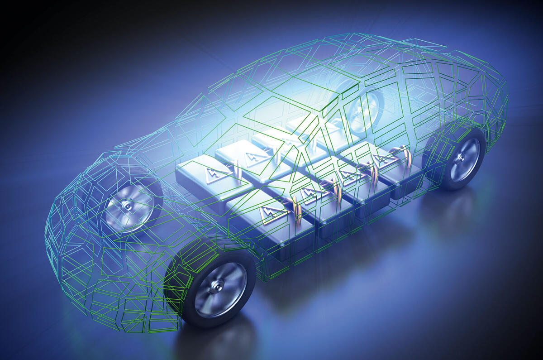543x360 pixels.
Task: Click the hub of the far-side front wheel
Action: pos(128,206)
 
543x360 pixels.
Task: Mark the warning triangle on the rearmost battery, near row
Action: pos(382,158)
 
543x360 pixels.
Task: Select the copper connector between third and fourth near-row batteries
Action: pos(373,173)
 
